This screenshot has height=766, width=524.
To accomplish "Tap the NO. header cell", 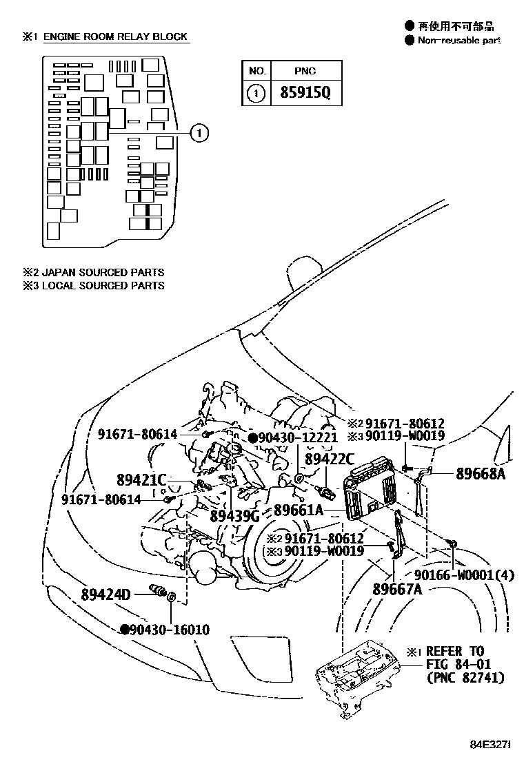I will tap(256, 70).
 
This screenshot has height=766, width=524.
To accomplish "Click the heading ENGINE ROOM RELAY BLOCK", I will tap(115, 37).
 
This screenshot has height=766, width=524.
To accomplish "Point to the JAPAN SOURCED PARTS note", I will tap(103, 273).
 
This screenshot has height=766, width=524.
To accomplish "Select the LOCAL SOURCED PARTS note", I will tap(103, 285).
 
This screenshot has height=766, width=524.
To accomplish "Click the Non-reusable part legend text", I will tap(458, 40).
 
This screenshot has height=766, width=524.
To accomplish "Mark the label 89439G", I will tap(234, 515).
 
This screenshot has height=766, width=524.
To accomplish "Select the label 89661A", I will tap(298, 510).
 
